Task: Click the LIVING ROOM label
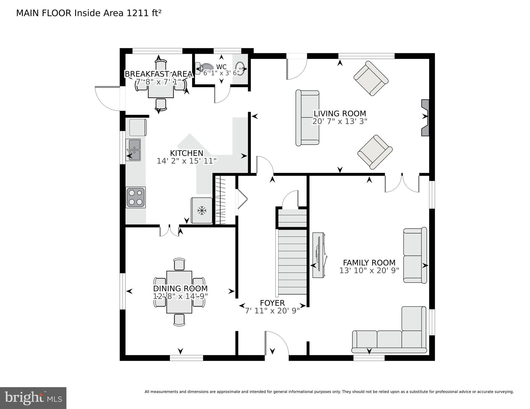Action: click(340, 114)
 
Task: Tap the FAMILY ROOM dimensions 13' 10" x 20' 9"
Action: click(369, 270)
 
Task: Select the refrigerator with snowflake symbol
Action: click(202, 210)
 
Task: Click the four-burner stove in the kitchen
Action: click(136, 197)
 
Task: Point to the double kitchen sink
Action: click(134, 150)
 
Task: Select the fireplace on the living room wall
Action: click(425, 118)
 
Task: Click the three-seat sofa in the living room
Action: click(307, 118)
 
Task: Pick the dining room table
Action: click(179, 292)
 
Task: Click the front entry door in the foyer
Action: click(276, 344)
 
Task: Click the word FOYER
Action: click(272, 303)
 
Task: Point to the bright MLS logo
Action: click(33, 398)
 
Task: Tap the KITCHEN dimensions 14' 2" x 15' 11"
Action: click(187, 161)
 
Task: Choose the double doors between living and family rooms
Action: click(402, 183)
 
